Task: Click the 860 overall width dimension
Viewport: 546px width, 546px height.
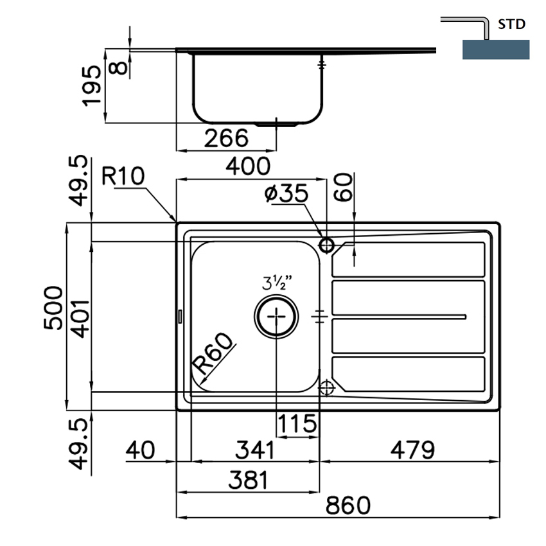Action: click(348, 505)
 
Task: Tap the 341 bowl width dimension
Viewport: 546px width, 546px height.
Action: click(253, 450)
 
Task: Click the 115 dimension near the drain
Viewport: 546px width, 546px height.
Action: click(297, 423)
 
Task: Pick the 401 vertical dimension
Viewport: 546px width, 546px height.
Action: click(79, 315)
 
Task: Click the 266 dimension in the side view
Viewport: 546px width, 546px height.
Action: click(226, 137)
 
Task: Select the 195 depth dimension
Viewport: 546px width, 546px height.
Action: click(92, 85)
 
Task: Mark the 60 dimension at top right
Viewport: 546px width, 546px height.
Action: click(346, 187)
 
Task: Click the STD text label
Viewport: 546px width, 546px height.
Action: click(512, 25)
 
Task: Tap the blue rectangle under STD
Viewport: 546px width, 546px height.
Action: click(495, 49)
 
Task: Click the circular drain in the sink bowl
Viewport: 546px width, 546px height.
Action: click(276, 316)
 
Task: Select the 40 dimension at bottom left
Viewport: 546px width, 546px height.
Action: click(141, 450)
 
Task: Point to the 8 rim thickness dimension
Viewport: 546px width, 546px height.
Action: click(118, 64)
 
